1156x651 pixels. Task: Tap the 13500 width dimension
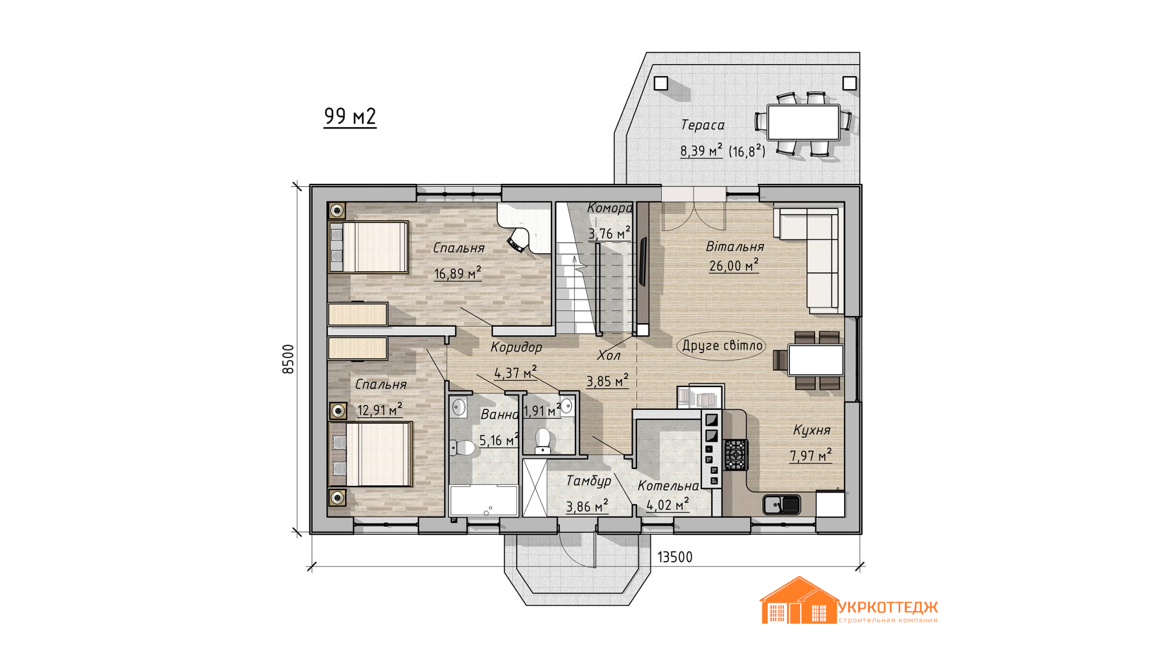click(x=674, y=557)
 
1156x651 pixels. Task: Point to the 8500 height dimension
click(x=288, y=359)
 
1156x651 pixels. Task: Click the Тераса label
click(x=703, y=125)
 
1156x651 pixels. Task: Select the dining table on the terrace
click(x=803, y=122)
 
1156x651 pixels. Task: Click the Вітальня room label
click(x=735, y=247)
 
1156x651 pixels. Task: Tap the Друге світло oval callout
click(x=722, y=346)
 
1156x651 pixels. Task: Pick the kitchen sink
click(x=782, y=504)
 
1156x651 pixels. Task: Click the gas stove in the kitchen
click(x=735, y=454)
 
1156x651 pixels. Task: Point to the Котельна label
click(x=668, y=486)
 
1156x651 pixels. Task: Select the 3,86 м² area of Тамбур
click(x=587, y=506)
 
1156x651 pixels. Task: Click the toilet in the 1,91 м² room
click(x=543, y=441)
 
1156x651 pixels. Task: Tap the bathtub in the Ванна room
click(x=483, y=501)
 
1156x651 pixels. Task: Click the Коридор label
click(x=516, y=347)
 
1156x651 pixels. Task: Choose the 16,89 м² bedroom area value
click(x=458, y=273)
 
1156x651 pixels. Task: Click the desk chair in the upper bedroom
click(x=517, y=242)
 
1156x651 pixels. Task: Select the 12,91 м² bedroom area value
click(x=379, y=410)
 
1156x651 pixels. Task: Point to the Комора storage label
click(x=609, y=209)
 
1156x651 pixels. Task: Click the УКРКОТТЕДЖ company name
click(x=888, y=607)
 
